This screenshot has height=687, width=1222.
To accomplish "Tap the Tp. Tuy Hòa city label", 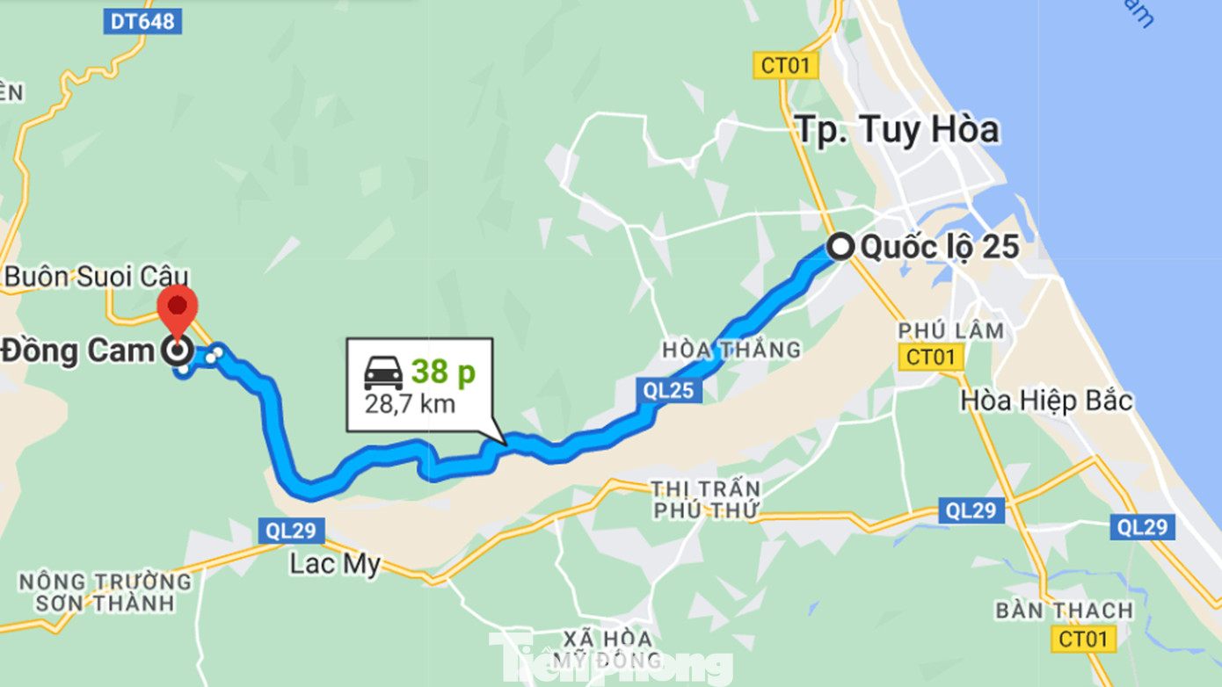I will [897, 130].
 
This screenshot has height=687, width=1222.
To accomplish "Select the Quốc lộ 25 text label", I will [939, 248].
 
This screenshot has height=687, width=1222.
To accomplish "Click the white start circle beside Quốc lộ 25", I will [841, 247].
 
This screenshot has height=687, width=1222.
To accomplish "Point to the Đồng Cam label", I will [77, 351].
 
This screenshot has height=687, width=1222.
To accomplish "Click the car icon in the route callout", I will [383, 372].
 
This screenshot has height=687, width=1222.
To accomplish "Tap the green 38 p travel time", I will [443, 372].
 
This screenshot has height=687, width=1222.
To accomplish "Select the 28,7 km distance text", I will [410, 404].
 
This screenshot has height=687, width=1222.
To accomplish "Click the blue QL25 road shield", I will [669, 391].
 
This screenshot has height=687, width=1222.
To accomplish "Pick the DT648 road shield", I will [142, 21].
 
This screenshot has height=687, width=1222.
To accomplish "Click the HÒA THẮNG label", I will [731, 350].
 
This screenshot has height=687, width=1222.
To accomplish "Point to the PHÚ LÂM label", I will [950, 330].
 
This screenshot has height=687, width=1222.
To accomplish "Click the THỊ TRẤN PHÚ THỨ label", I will [705, 499].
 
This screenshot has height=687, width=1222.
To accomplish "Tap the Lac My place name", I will [334, 563].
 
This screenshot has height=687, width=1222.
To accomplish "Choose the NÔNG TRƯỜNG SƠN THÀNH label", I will [105, 592].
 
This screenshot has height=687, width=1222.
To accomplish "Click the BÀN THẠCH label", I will [1064, 610].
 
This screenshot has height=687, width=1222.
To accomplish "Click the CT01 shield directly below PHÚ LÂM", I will [931, 357].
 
